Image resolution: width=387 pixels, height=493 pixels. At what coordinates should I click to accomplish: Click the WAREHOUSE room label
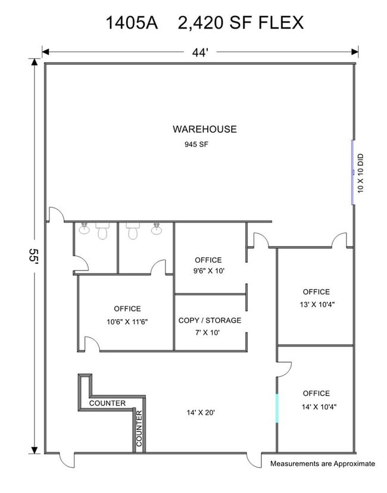click(x=204, y=129)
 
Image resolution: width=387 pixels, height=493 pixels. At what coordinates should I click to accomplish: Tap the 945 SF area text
click(x=196, y=144)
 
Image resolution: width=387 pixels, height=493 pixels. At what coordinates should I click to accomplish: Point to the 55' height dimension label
click(x=33, y=257)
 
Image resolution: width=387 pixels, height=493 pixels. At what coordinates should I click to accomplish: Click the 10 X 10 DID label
click(x=360, y=173)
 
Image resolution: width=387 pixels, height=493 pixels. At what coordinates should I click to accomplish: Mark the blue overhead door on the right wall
click(x=352, y=172)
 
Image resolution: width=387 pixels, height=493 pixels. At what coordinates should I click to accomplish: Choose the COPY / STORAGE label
click(x=210, y=320)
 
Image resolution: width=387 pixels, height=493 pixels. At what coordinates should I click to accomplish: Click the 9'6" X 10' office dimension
click(x=209, y=271)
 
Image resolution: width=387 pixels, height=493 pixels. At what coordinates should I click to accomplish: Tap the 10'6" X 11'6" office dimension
click(x=127, y=322)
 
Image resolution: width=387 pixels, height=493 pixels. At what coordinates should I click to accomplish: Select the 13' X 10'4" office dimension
click(x=317, y=304)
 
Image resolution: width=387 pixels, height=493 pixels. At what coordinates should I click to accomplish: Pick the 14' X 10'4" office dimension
click(x=319, y=407)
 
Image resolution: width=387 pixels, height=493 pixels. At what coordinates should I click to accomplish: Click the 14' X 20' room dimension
click(x=201, y=413)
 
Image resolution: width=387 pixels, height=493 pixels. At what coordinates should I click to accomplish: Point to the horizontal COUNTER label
click(x=107, y=403)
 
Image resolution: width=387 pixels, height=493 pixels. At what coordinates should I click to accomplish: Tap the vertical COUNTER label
click(x=139, y=428)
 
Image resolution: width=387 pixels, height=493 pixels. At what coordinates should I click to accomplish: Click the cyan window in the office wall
click(x=277, y=408)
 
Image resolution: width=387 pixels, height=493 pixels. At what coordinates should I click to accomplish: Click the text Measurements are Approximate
click(x=323, y=463)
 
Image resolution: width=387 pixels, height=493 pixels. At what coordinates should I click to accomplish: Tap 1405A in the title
click(x=132, y=23)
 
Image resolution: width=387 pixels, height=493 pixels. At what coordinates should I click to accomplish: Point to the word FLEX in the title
click(x=281, y=23)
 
